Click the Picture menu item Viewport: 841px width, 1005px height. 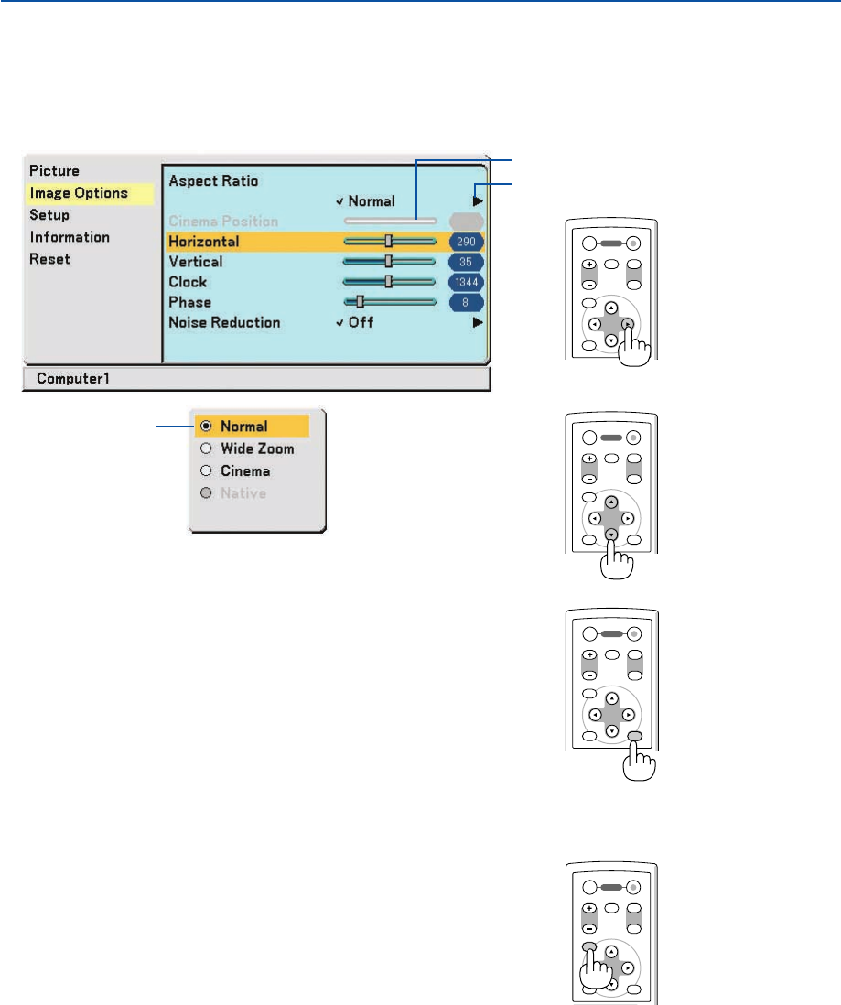coord(54,170)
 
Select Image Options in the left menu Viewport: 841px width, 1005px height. coord(78,193)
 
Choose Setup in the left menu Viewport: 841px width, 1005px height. coord(49,215)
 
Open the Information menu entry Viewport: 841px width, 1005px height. coord(70,237)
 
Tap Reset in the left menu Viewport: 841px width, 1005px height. coord(49,259)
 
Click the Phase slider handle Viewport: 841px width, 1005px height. coord(360,301)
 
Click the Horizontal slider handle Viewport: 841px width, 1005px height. coord(389,242)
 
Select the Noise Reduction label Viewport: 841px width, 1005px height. coord(224,322)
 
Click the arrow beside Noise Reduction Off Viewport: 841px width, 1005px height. coord(477,322)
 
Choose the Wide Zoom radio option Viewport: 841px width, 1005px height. coord(206,448)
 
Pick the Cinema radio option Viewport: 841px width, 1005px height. coord(206,470)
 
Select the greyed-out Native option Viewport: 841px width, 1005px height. coord(206,492)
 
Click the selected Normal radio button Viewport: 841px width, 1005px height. coord(206,427)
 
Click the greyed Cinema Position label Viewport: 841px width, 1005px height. coord(223,222)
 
